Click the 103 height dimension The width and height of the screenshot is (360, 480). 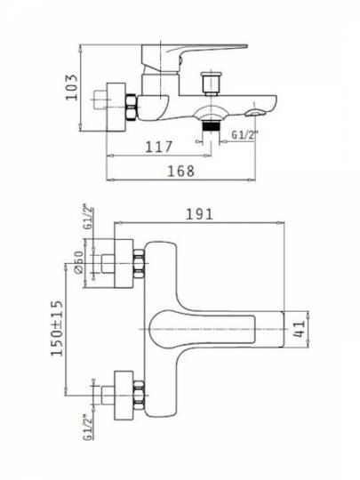[72, 87]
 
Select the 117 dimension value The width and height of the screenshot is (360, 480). [159, 147]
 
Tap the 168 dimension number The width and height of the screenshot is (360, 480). [181, 172]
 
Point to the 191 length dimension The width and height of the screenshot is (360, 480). [199, 214]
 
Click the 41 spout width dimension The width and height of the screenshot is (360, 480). [299, 329]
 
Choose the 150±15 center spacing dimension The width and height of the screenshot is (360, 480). [57, 328]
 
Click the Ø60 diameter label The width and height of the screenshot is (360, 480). [79, 262]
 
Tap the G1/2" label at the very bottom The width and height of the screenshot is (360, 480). [87, 427]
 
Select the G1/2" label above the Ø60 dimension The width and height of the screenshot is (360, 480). [88, 219]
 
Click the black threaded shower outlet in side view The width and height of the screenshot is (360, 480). [212, 126]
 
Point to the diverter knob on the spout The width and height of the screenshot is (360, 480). [212, 84]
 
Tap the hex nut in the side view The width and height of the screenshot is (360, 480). [131, 107]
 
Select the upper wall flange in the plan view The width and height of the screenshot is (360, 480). [124, 263]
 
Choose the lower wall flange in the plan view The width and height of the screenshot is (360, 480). [124, 396]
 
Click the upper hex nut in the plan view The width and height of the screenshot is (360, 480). [139, 264]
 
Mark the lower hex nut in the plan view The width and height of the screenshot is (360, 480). [139, 396]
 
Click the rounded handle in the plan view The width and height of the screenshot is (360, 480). [202, 329]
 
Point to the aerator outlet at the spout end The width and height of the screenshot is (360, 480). [256, 113]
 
